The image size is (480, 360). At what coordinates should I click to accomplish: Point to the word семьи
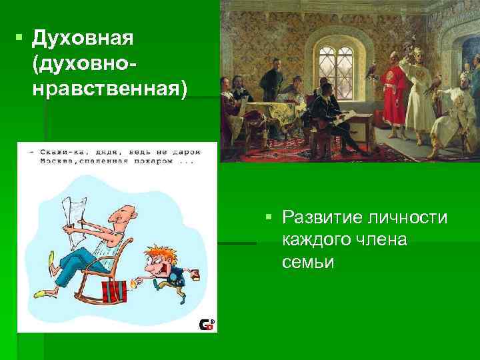click(307, 262)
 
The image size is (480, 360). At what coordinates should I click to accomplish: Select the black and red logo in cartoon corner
click(207, 325)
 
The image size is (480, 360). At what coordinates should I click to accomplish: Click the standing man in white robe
click(422, 90)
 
